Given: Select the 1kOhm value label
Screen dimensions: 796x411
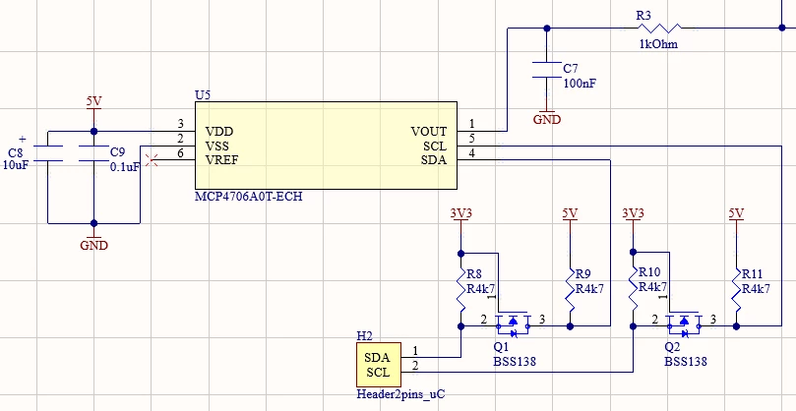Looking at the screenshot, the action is (658, 44).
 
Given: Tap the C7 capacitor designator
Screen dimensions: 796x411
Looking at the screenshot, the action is (571, 69).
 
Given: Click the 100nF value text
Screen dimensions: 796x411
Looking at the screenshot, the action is (580, 84).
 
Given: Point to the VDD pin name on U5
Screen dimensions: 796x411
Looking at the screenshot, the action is (219, 132).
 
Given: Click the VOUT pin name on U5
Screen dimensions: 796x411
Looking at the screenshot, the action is (429, 132).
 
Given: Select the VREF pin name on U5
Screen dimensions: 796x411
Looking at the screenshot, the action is (221, 160).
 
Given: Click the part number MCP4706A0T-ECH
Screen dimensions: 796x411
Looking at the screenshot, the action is (249, 197).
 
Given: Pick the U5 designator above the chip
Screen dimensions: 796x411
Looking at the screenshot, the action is (203, 95).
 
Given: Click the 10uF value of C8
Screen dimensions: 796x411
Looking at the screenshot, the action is (15, 164).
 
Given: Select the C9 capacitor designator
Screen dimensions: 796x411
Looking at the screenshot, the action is (117, 151).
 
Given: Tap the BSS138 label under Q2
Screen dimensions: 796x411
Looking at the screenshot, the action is (686, 361).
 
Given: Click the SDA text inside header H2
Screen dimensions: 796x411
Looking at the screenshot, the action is (377, 357).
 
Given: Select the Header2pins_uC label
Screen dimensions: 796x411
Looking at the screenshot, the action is (401, 394).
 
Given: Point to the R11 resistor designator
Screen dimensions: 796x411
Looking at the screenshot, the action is (753, 274).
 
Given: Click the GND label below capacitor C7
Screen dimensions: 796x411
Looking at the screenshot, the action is (547, 120).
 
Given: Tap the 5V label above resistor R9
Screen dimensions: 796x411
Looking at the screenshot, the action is (570, 213).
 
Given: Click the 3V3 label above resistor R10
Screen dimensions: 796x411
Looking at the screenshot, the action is (633, 213).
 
